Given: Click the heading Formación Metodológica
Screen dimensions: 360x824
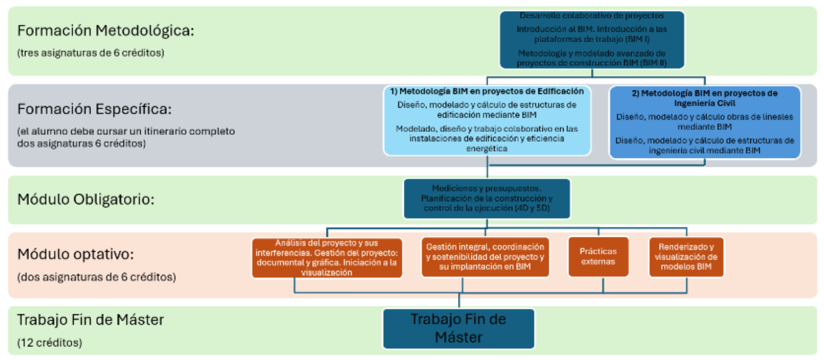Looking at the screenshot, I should point(105,31).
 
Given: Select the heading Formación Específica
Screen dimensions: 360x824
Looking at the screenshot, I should point(94,109).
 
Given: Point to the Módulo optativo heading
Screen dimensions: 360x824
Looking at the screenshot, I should point(75,254).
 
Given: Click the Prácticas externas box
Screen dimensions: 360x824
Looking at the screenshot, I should point(598,257).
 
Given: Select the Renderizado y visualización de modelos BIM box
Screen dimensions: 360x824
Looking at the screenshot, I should point(686,257).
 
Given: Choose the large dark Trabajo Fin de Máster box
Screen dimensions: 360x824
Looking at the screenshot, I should point(459,328).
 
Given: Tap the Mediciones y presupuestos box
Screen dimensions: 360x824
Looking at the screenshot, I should point(487,199).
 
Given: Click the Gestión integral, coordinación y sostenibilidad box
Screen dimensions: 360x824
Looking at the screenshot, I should point(485,257).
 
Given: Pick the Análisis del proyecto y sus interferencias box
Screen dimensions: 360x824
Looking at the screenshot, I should point(326,258).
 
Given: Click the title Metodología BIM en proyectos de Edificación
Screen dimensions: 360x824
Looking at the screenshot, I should point(487,91).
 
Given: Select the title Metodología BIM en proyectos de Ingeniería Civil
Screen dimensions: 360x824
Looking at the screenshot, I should point(704,98).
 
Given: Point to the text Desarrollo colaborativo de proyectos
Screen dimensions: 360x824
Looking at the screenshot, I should point(591,16).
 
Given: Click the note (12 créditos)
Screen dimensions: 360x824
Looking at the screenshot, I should point(49,343).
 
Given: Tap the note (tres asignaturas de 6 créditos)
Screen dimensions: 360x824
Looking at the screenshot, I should point(90,53).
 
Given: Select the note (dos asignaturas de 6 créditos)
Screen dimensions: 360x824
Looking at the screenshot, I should point(96,277).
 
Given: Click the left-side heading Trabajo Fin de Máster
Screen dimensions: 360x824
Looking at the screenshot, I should point(90,320).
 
